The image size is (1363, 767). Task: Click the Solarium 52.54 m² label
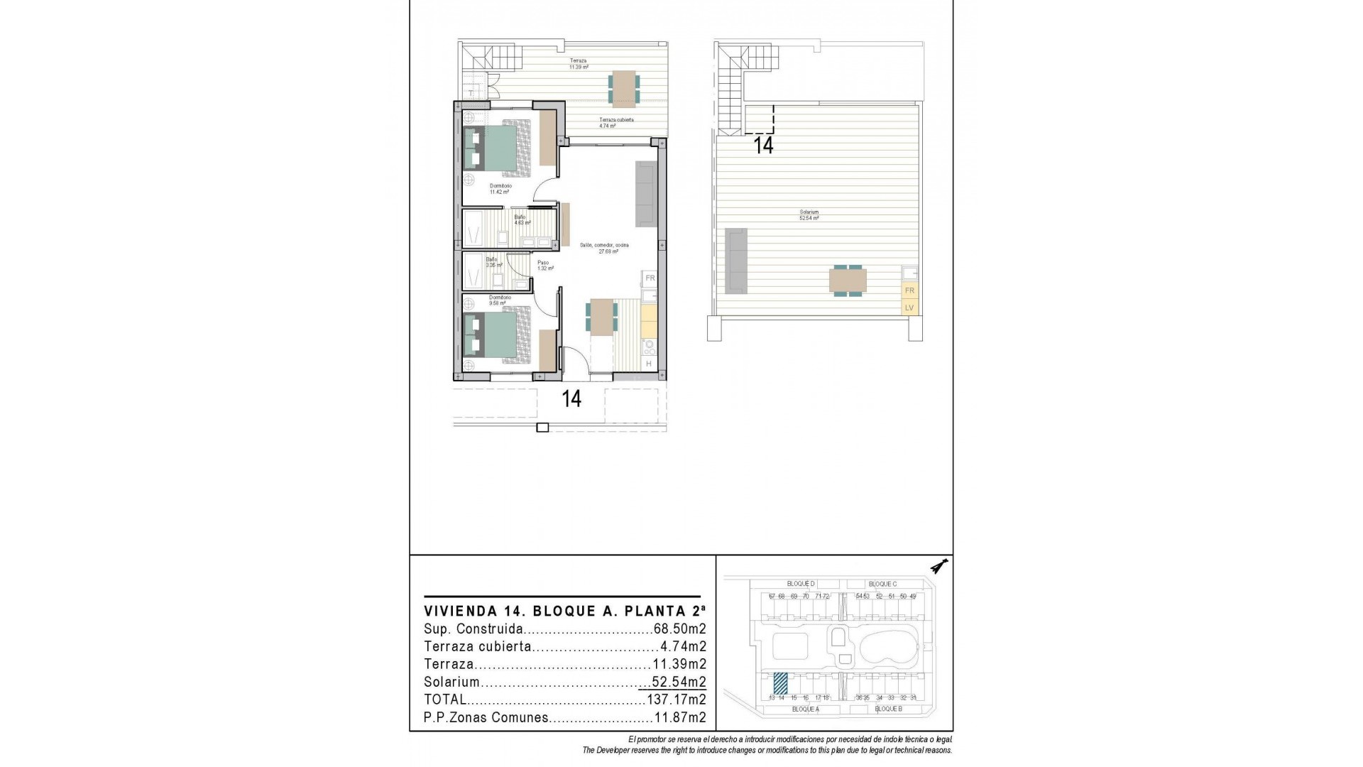pyautogui.click(x=809, y=215)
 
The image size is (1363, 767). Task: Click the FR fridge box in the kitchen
pyautogui.click(x=650, y=278)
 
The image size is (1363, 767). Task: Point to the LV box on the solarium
pyautogui.click(x=909, y=308)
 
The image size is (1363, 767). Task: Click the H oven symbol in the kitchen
pyautogui.click(x=649, y=364)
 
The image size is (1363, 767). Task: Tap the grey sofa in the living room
pyautogui.click(x=646, y=194)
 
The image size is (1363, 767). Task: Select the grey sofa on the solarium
pyautogui.click(x=735, y=261)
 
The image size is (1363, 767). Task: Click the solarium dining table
pyautogui.click(x=847, y=280)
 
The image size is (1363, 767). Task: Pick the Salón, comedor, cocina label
pyautogui.click(x=603, y=248)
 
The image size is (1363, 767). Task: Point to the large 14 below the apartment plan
pyautogui.click(x=571, y=399)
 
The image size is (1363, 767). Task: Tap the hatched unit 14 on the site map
pyautogui.click(x=780, y=683)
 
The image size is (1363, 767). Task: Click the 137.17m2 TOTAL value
pyautogui.click(x=676, y=700)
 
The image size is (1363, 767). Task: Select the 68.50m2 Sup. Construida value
pyautogui.click(x=679, y=629)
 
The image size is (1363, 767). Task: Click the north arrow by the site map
pyautogui.click(x=941, y=566)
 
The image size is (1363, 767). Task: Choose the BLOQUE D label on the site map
pyautogui.click(x=801, y=584)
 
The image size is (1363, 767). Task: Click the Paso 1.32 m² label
pyautogui.click(x=544, y=266)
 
